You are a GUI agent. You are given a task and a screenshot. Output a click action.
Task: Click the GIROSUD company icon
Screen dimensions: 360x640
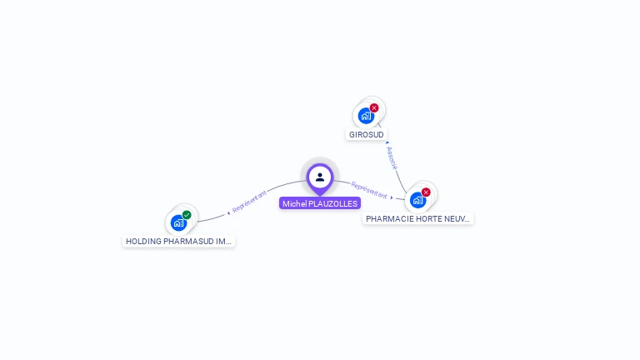click(365, 116)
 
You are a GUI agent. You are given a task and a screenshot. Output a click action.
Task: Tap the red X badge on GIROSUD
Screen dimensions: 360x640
click(374, 107)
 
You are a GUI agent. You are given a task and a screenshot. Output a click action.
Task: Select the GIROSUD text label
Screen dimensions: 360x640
click(367, 134)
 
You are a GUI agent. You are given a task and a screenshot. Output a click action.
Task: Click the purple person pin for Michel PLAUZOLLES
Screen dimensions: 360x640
click(320, 177)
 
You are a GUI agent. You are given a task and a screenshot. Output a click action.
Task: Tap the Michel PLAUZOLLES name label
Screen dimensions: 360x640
click(320, 203)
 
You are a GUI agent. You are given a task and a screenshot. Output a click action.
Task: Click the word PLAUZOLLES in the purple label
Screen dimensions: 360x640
click(333, 203)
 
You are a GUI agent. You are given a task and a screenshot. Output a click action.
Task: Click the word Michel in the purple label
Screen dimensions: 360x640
click(294, 203)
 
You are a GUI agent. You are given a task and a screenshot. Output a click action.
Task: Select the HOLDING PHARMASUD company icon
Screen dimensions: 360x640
click(178, 222)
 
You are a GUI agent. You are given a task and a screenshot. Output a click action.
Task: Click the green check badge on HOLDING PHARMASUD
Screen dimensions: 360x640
click(187, 215)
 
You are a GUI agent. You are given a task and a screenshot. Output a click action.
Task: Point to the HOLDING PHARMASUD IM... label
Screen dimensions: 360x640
click(178, 241)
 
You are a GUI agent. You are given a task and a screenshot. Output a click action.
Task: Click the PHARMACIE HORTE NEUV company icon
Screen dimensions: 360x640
click(417, 200)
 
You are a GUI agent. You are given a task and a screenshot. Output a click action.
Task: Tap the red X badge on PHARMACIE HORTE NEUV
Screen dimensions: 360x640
click(426, 192)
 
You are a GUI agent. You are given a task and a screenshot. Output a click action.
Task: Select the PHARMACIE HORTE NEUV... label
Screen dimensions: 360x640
click(418, 218)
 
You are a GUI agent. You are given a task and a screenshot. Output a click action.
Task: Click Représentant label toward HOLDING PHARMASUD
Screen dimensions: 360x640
click(250, 200)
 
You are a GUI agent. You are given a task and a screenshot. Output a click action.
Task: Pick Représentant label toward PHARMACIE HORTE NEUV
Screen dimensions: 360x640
click(369, 190)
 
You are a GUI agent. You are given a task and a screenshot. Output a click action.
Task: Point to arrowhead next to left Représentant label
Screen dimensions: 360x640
click(228, 212)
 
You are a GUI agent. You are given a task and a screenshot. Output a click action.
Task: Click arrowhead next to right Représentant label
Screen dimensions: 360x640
click(392, 198)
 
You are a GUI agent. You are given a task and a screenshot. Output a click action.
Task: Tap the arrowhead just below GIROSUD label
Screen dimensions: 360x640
click(387, 143)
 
